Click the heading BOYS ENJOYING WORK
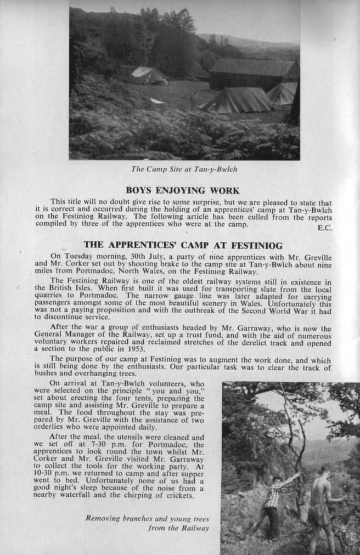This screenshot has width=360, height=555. click(182, 191)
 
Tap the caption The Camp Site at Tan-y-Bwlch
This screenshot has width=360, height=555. click(184, 169)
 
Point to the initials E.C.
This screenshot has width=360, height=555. click(325, 228)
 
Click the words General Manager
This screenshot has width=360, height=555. click(67, 333)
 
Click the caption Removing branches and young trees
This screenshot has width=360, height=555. click(147, 518)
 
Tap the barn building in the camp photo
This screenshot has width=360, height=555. click(252, 74)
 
